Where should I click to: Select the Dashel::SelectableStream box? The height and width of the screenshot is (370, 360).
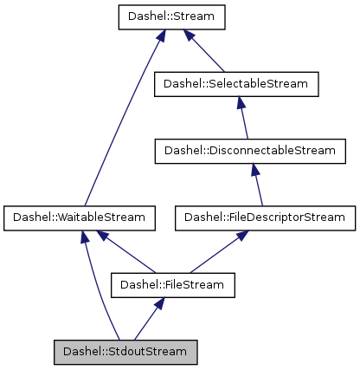(x=236, y=83)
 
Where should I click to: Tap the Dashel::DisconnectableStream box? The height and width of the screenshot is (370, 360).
(x=244, y=150)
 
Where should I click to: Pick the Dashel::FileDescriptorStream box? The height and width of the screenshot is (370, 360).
(x=264, y=217)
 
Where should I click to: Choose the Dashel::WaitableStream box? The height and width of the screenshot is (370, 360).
(x=80, y=217)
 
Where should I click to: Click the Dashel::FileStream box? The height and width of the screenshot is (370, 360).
(x=172, y=284)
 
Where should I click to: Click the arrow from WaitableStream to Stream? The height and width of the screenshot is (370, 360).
(x=121, y=121)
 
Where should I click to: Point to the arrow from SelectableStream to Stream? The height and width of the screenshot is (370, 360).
(x=205, y=53)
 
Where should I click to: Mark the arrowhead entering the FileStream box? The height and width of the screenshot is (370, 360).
(x=159, y=302)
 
